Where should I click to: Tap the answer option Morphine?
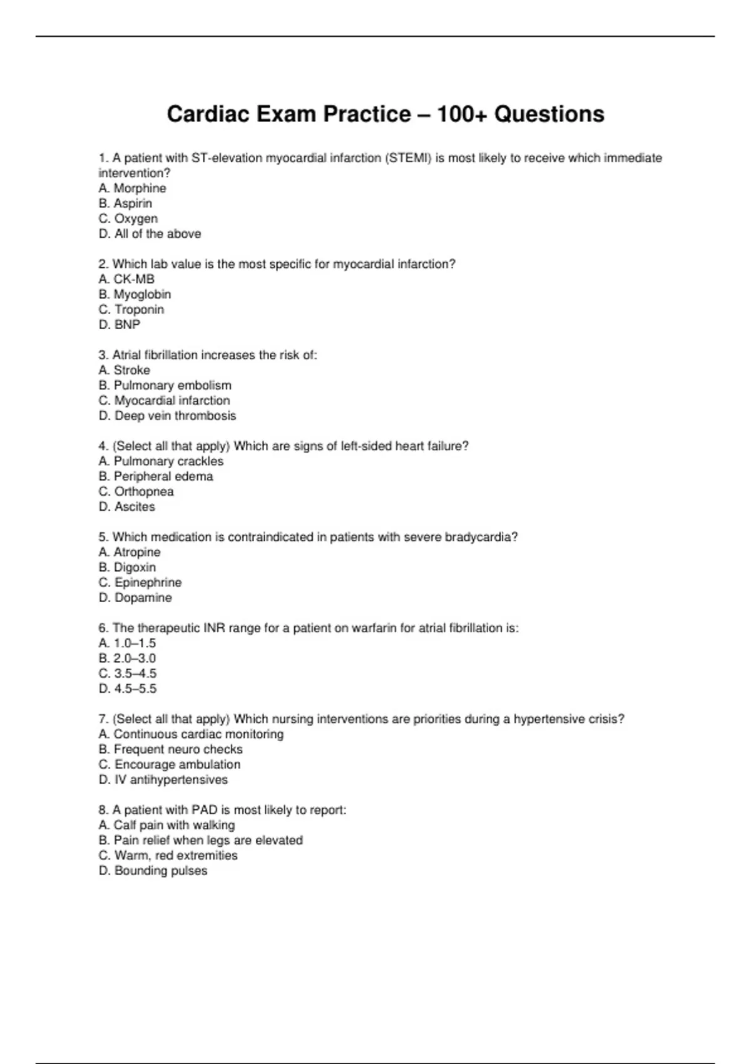pyautogui.click(x=133, y=188)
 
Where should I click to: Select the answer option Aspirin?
pyautogui.click(x=126, y=203)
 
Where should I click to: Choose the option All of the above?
pyautogui.click(x=150, y=234)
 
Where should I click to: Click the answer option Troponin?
pyautogui.click(x=131, y=310)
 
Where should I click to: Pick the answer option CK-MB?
pyautogui.click(x=127, y=279)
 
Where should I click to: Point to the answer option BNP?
pyautogui.click(x=120, y=325)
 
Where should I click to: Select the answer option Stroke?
pyautogui.click(x=125, y=371)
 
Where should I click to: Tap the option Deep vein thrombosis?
pyautogui.click(x=168, y=416)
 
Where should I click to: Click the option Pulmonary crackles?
pyautogui.click(x=161, y=461)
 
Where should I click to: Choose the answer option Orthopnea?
pyautogui.click(x=136, y=492)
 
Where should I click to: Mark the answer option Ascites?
pyautogui.click(x=127, y=507)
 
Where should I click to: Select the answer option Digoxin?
pyautogui.click(x=128, y=568)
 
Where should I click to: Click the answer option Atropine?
pyautogui.click(x=130, y=553)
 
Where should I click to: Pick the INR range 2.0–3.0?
pyautogui.click(x=128, y=658)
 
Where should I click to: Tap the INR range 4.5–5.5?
pyautogui.click(x=128, y=689)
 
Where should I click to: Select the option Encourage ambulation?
pyautogui.click(x=170, y=765)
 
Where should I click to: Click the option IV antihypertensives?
pyautogui.click(x=163, y=780)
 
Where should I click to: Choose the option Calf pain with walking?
pyautogui.click(x=167, y=826)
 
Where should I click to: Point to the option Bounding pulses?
pyautogui.click(x=153, y=871)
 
